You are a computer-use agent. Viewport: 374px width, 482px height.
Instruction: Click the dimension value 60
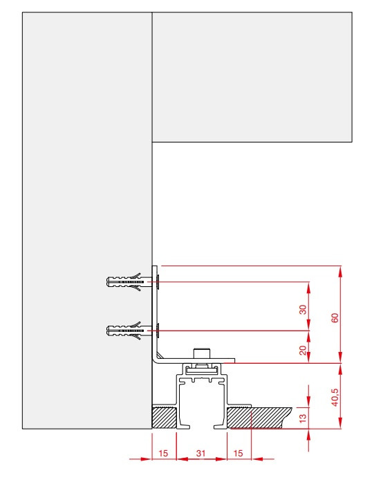click(x=335, y=318)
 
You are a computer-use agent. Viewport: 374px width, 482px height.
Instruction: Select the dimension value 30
click(x=303, y=310)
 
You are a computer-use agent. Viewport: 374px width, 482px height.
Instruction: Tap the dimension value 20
click(x=303, y=350)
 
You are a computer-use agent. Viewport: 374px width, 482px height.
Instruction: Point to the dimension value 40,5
click(x=335, y=397)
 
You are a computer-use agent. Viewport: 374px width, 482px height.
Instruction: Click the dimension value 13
click(x=303, y=418)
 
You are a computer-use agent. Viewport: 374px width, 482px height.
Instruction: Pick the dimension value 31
click(x=200, y=453)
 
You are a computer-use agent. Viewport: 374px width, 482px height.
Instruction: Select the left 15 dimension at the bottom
click(x=163, y=453)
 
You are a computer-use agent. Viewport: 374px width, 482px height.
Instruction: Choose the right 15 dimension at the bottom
click(x=238, y=453)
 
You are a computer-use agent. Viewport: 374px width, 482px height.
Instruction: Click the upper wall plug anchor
click(x=125, y=282)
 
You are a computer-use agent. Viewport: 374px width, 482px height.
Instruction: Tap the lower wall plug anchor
click(x=125, y=331)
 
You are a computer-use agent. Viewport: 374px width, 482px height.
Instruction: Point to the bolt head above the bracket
click(x=202, y=353)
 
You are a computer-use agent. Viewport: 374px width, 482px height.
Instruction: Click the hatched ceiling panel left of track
click(x=165, y=418)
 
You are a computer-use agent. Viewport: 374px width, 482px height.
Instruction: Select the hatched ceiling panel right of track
click(x=258, y=418)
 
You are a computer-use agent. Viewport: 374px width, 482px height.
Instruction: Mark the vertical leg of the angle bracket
click(x=155, y=310)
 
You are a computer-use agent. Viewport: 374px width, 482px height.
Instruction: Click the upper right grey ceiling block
click(x=252, y=77)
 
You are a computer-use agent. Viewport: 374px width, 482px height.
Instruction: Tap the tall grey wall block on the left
click(x=87, y=221)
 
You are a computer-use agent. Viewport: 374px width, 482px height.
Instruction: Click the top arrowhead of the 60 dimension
click(x=340, y=271)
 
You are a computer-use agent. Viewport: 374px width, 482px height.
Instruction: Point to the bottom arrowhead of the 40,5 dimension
click(x=340, y=423)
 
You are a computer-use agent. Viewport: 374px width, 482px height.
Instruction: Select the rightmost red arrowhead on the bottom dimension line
click(x=257, y=459)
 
